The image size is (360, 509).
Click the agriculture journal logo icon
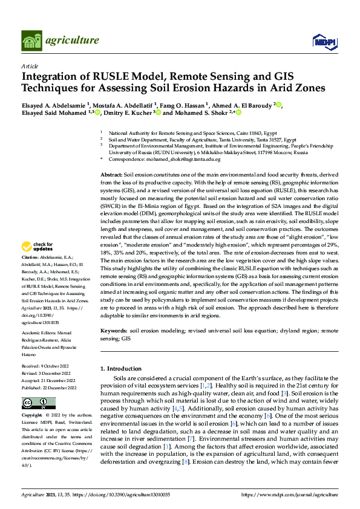pyautogui.click(x=32, y=40)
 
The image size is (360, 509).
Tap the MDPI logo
pyautogui.click(x=321, y=41)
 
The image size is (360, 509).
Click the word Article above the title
pyautogui.click(x=30, y=65)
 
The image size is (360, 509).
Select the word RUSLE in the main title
pyautogui.click(x=120, y=77)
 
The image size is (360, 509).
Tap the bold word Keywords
pyautogui.click(x=113, y=331)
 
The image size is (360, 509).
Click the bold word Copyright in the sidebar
pyautogui.click(x=32, y=416)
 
